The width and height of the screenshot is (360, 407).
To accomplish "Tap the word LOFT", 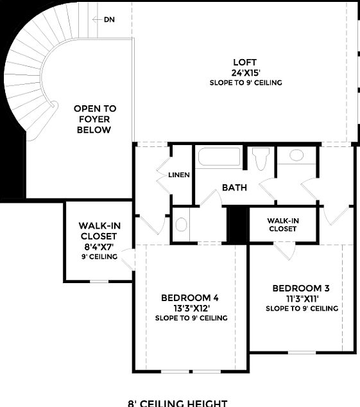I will pos(245,62).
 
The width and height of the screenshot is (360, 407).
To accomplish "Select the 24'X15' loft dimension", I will pos(245,73).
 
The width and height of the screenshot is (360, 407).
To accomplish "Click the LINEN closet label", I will pos(178,175).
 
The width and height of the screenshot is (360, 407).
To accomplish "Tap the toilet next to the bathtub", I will pos(260,159).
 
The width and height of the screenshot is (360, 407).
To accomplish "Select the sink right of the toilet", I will pos(296,155).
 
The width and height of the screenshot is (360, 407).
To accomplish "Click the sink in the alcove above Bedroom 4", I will pos(182,225).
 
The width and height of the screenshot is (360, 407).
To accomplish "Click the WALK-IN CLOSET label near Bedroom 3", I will pos(283,224).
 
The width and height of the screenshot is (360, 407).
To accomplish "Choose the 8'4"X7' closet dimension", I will pos(99,247).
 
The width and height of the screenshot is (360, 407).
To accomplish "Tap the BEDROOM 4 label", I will pos(190,297).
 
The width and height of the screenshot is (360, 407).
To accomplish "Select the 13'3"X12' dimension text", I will pos(190,307).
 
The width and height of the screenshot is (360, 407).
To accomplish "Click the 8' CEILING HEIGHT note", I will pos(178,403).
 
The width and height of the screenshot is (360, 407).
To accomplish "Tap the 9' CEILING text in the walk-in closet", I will pos(99,257).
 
